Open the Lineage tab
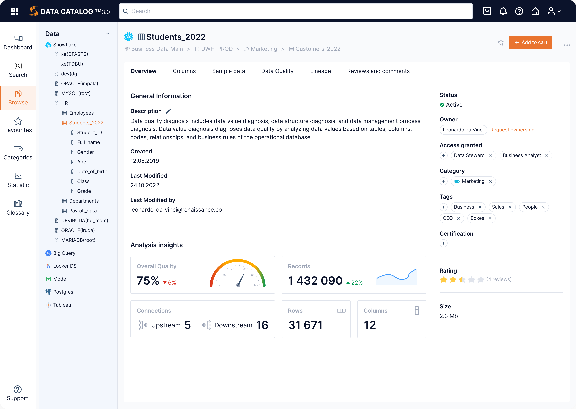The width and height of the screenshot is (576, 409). pos(320,71)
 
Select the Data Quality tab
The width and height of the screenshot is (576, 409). pos(277,71)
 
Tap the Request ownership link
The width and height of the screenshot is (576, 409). pos(512,130)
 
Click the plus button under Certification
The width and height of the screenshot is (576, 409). pos(443,243)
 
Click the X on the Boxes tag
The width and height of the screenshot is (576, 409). pos(490,218)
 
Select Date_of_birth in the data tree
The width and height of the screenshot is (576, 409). pos(92,171)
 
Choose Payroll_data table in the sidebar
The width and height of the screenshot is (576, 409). pos(83,211)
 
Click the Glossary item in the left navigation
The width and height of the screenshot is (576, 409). pos(18,208)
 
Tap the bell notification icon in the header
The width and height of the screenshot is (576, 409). pos(503,11)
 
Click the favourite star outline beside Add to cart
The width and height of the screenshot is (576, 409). pos(501,43)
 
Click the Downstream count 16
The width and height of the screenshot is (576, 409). pos(262,325)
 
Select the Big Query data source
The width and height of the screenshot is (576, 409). pos(64,253)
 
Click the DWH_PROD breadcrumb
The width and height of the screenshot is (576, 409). pos(216,49)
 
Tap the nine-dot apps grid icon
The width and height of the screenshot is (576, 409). pos(14,11)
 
